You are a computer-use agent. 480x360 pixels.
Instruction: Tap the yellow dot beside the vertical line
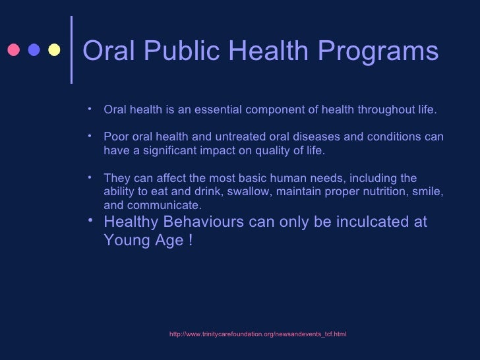(55, 51)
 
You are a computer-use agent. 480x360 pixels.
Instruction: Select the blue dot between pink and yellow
(34, 51)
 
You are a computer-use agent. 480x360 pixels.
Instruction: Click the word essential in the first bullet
(221, 109)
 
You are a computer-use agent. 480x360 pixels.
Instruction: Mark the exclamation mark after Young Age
(191, 241)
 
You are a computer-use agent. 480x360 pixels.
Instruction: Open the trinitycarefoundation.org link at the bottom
(258, 335)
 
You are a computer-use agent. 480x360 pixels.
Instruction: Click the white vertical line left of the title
(71, 50)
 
